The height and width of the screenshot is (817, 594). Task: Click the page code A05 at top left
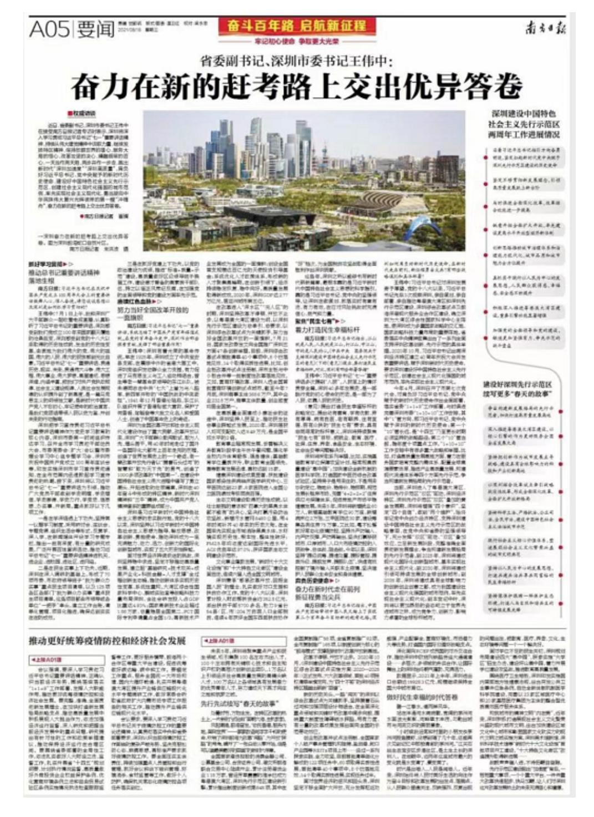coord(49,29)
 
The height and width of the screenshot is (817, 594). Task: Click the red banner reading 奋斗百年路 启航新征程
coord(297,26)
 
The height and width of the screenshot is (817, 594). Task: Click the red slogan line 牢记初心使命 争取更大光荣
coord(297,41)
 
